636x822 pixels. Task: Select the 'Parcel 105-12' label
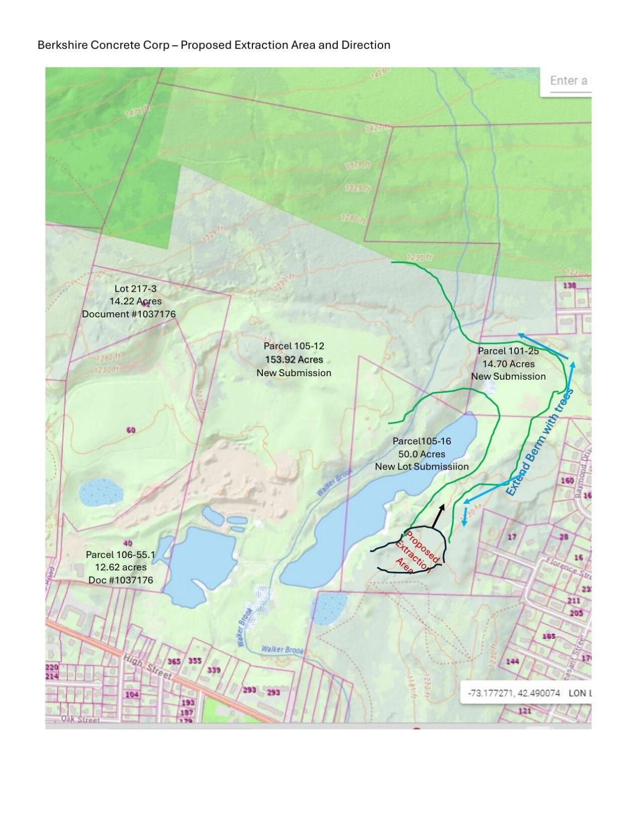(x=294, y=346)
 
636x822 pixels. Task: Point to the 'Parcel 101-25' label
(x=508, y=351)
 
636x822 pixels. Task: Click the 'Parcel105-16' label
(x=421, y=441)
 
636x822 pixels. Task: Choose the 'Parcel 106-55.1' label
(x=121, y=554)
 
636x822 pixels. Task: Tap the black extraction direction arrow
(x=438, y=515)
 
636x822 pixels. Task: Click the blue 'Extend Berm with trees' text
(x=539, y=442)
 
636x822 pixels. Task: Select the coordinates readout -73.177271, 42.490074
(x=513, y=693)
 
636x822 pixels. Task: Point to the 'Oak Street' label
(x=80, y=719)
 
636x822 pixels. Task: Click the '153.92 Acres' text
(x=294, y=360)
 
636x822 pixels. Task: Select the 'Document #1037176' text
(x=129, y=314)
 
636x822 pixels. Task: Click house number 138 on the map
(x=569, y=285)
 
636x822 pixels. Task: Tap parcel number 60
(x=131, y=430)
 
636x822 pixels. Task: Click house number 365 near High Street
(x=174, y=661)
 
